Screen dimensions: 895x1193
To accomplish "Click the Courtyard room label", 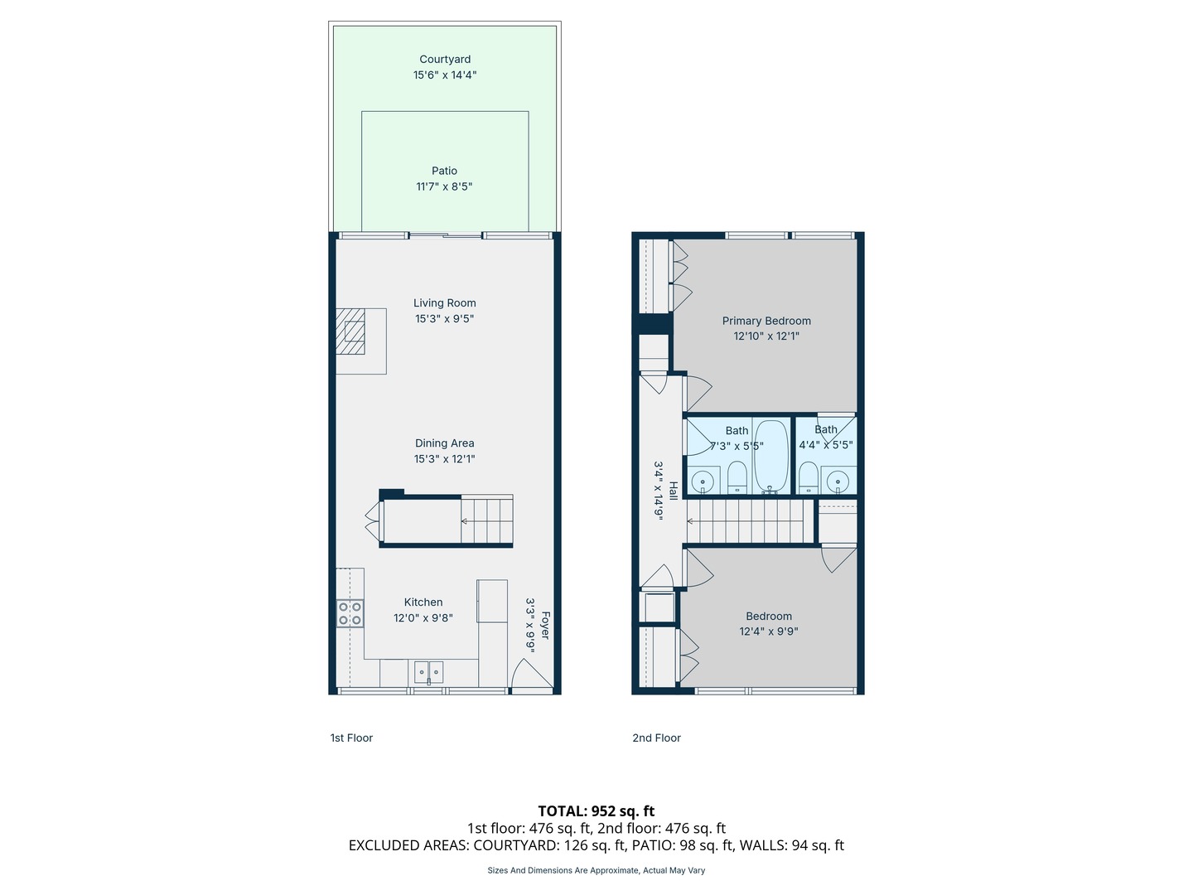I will coord(445,60).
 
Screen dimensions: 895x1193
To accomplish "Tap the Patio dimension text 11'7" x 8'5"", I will coord(444,186).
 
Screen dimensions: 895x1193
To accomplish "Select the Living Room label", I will coord(445,303).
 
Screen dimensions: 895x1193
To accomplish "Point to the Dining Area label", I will coord(445,443).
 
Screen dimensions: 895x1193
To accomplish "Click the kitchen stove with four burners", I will coord(350,613).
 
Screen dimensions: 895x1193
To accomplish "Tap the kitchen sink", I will coord(428,670).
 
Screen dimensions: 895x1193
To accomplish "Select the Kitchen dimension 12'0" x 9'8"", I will coord(423,618).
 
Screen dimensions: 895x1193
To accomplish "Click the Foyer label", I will coord(545,626).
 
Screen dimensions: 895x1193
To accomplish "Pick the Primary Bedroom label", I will coord(766,321).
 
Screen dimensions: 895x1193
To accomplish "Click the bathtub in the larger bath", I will coord(771,456).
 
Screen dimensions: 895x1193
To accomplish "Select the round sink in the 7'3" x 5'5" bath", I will coord(703,481).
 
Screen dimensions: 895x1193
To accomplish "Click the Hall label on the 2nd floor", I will coord(674,491).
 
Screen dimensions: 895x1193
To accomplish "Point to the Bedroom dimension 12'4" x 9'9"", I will coord(769,631).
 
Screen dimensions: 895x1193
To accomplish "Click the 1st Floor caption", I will coord(351,738).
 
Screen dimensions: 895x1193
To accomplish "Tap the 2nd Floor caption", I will coord(656,738).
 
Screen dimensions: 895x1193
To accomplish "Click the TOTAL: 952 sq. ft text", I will coord(596,811).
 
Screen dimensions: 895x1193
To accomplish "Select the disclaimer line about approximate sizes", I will coord(596,870).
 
